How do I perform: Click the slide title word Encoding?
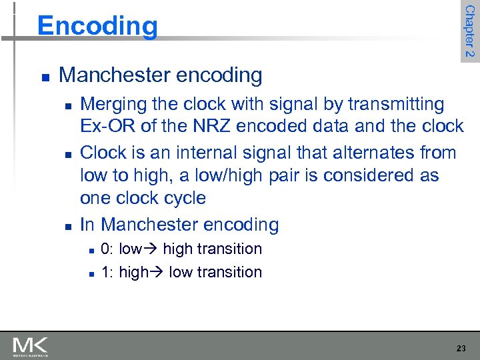(x=98, y=26)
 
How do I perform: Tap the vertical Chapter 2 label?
(x=469, y=31)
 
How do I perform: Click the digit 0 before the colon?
(x=105, y=249)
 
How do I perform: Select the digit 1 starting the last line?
(x=105, y=272)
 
